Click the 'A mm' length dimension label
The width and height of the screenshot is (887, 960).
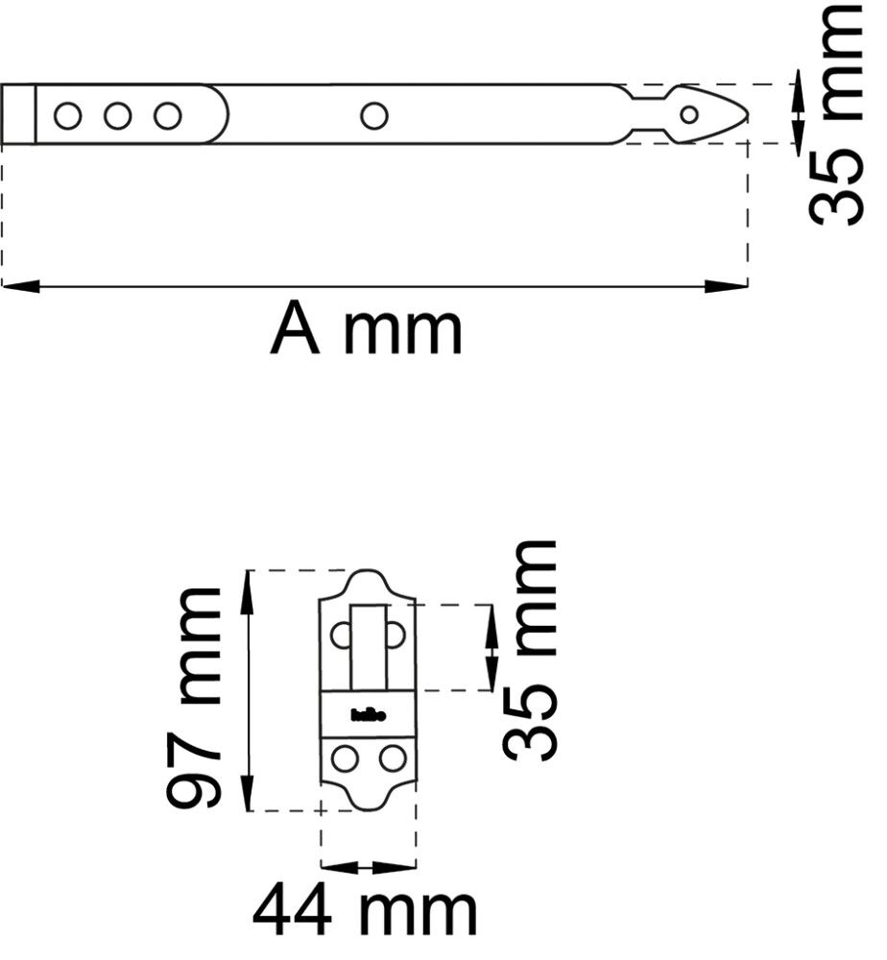(x=367, y=329)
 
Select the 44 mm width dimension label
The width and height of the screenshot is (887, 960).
(x=365, y=911)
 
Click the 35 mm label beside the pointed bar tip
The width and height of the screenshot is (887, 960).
(x=834, y=115)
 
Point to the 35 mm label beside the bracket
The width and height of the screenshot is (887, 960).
(x=530, y=651)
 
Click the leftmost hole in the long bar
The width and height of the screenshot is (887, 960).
(x=67, y=116)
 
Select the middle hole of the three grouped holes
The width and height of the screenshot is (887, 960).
(x=118, y=116)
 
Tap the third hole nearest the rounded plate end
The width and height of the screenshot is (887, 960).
(x=168, y=116)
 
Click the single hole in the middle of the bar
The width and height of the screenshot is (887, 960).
(x=373, y=116)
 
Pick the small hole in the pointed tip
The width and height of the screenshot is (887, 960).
(x=688, y=115)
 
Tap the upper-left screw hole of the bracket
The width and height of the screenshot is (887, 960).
(x=341, y=634)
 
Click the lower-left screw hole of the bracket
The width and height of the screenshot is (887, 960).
(x=344, y=758)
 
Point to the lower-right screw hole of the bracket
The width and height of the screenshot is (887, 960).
(x=392, y=758)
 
